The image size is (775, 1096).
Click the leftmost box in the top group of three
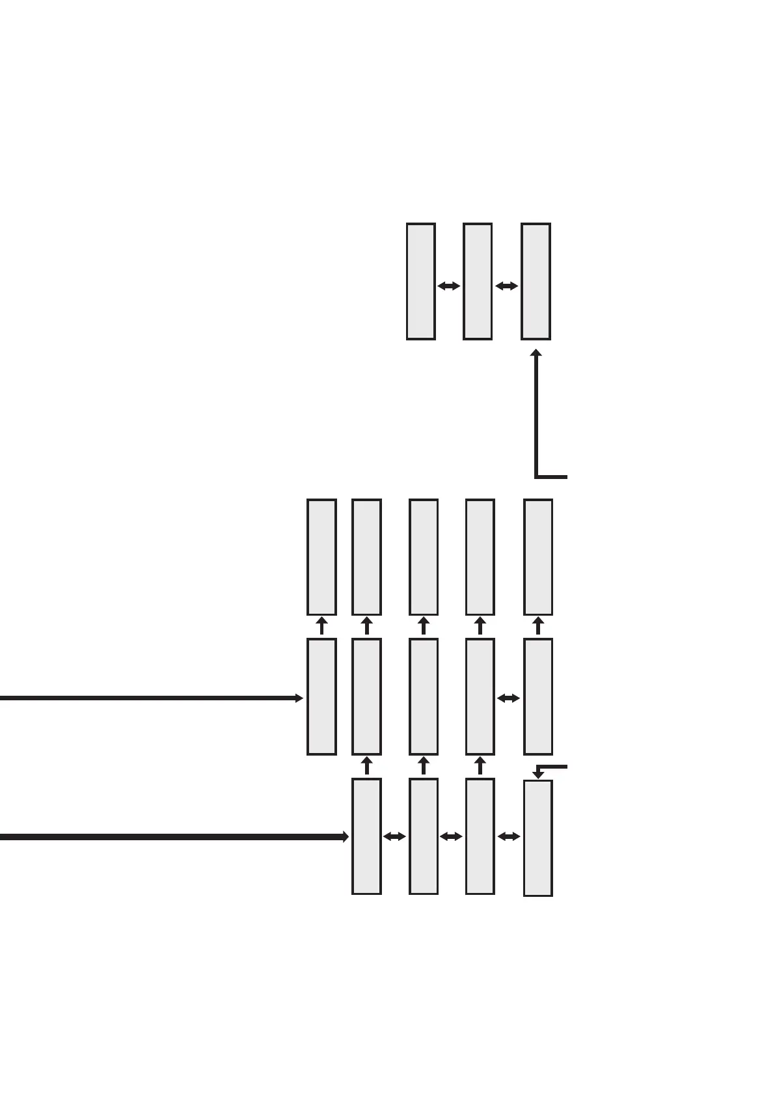(420, 281)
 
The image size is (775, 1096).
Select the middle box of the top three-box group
(477, 281)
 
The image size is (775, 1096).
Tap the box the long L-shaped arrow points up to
(536, 281)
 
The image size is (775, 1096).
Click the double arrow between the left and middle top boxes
(449, 286)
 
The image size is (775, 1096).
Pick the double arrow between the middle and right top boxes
(506, 286)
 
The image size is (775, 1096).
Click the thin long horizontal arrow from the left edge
(150, 698)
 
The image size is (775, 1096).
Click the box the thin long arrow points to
(321, 696)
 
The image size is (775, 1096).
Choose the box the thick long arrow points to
(366, 836)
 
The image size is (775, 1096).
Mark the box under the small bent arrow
(537, 838)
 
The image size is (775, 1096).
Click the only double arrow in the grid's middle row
(509, 698)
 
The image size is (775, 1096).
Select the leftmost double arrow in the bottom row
(394, 836)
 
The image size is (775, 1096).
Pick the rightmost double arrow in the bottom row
(509, 836)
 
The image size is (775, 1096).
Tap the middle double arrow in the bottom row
(451, 836)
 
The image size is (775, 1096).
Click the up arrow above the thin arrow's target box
(321, 626)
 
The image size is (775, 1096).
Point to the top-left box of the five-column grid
(321, 556)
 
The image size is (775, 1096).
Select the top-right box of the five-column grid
(537, 556)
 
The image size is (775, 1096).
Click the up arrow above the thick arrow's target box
(366, 765)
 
